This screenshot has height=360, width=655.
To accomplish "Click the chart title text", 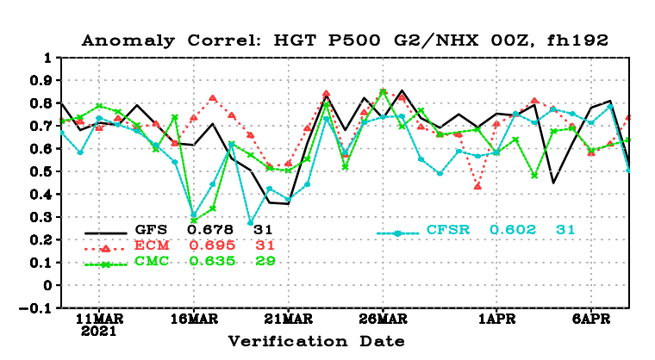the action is pos(345,40).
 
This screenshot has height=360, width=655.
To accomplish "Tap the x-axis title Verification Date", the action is pos(316,341).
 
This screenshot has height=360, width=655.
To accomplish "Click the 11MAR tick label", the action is pos(99,319).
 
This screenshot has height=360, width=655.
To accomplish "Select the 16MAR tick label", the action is pos(194,319).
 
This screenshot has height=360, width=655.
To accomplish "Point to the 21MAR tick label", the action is pos(289,319).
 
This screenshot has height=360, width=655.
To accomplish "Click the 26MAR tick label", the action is pos(384,319).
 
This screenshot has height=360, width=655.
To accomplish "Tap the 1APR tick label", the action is pos(497,319).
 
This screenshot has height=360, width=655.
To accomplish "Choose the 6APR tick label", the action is pos(591,319).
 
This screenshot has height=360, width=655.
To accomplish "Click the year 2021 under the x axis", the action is pos(98,332).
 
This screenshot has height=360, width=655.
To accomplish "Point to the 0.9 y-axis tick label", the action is pos(41,80).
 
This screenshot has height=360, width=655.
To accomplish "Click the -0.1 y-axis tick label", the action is pos(35,308).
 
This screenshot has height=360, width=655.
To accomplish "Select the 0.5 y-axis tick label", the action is pos(41,171).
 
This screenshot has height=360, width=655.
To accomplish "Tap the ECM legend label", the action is pos(152,245).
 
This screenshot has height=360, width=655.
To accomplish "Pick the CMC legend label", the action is pos(152,261).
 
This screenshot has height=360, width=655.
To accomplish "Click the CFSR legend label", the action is pos(448,229).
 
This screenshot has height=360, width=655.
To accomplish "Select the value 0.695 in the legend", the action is pos(212,245).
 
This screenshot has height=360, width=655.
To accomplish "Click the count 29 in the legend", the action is pos(265,261).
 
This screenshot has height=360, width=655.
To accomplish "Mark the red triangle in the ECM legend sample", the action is pos(106,249).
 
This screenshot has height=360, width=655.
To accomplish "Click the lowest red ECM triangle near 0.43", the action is pos(477,186).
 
